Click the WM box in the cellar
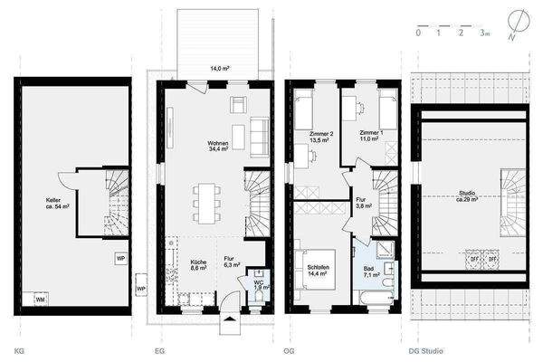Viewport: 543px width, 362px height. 41,298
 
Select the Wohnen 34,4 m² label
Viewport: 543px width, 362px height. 217,148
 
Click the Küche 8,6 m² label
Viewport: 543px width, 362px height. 198,265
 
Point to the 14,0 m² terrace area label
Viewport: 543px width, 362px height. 220,69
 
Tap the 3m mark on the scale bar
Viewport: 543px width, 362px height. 485,33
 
